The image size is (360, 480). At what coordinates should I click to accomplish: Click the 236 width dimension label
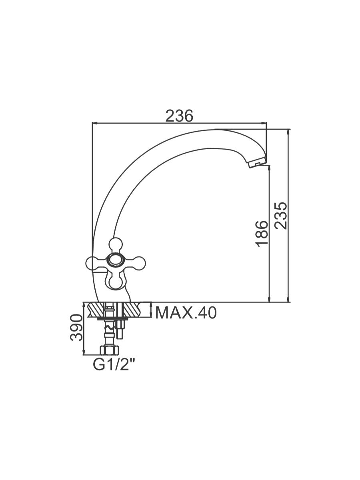point(179,116)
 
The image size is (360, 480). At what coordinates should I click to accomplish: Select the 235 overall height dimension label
point(280,215)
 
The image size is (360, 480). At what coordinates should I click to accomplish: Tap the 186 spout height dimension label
point(262,234)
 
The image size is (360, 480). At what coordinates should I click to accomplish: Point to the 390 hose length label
point(76,328)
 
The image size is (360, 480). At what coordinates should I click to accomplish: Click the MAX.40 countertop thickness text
point(186,313)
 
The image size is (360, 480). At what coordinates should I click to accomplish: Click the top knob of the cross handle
point(116,244)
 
